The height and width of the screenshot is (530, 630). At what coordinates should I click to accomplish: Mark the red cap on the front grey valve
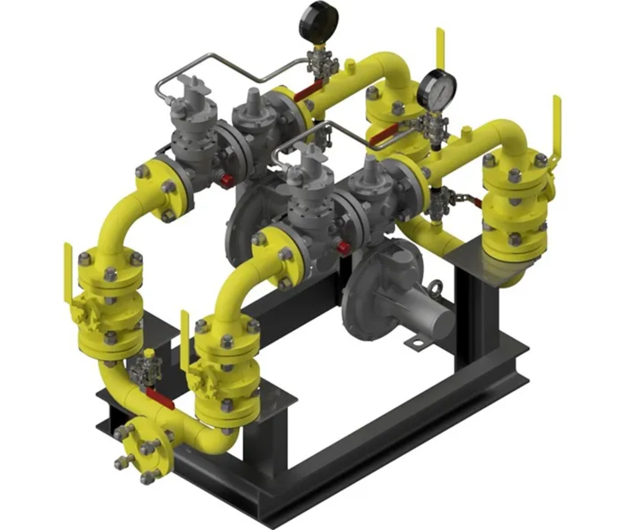(x=343, y=247)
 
